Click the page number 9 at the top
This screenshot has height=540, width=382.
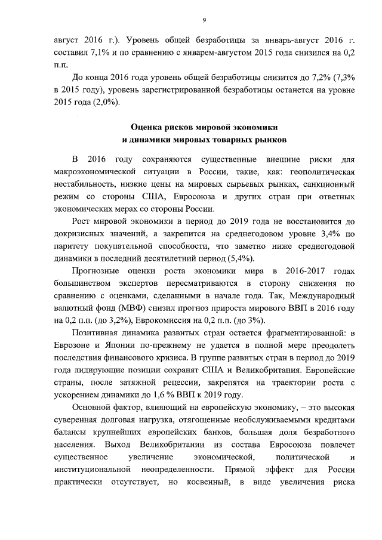click(204, 20)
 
